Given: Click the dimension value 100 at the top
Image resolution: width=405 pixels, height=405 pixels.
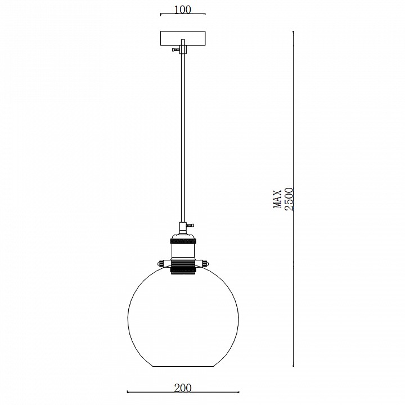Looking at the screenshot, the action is [x=183, y=10].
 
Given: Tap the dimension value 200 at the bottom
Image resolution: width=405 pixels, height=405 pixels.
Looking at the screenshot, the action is [x=183, y=388].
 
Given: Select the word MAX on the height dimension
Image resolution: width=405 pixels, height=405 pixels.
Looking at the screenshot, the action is [x=277, y=199].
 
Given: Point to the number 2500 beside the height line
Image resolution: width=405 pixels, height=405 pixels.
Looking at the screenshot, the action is [x=289, y=199].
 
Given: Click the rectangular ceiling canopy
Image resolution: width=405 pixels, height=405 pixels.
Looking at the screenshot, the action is [x=183, y=39].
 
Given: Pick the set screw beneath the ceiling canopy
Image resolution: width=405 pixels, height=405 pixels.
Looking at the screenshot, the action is [x=176, y=49].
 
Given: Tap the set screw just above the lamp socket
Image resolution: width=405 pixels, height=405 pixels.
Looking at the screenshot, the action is [x=190, y=226].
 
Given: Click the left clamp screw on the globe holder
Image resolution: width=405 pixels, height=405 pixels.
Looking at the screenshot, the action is [x=161, y=264].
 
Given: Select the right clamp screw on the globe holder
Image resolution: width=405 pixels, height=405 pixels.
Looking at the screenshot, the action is [x=205, y=264].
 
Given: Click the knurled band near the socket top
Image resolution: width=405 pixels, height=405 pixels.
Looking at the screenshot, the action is [x=183, y=241].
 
